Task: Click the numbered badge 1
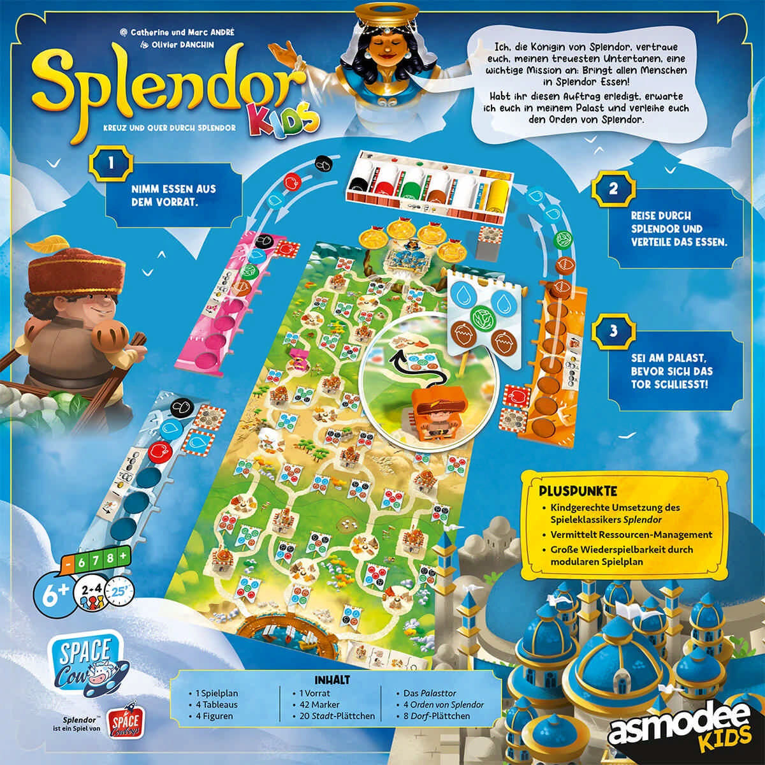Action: [111, 163]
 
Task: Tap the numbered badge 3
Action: [613, 331]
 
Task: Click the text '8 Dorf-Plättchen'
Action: [437, 716]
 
